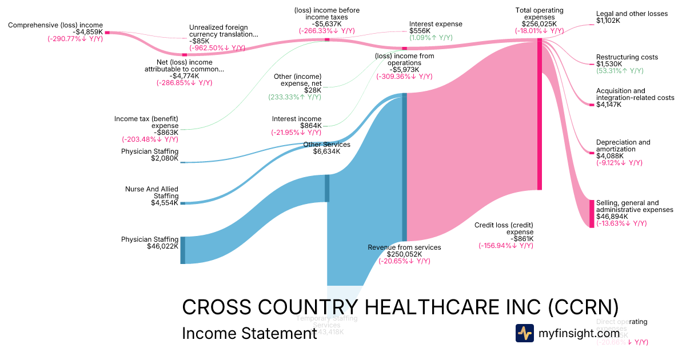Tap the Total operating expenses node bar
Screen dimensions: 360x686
(x=539, y=114)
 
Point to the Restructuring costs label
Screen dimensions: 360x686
(x=627, y=57)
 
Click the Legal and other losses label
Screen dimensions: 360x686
(x=631, y=14)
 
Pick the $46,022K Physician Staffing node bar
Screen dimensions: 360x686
(x=183, y=250)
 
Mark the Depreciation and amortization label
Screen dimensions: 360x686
(x=623, y=146)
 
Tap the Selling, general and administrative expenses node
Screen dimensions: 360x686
(x=592, y=214)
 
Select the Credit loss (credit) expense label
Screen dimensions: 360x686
(x=504, y=229)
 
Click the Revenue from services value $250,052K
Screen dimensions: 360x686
(x=404, y=254)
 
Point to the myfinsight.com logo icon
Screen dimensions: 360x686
(x=524, y=333)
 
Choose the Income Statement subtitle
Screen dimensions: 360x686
(x=249, y=334)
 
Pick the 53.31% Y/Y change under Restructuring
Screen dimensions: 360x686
(x=620, y=71)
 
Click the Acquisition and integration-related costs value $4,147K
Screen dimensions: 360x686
(x=608, y=105)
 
